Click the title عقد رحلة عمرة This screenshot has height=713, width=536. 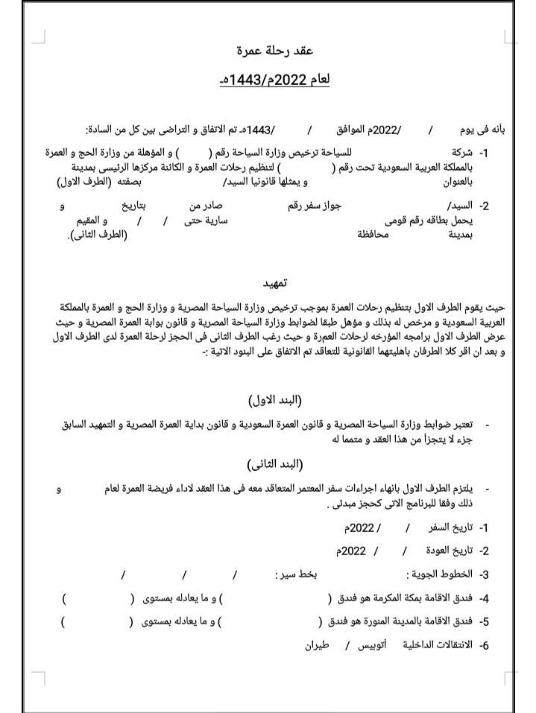click(268, 51)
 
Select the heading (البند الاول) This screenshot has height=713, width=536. click(273, 400)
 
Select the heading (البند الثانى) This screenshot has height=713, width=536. click(273, 464)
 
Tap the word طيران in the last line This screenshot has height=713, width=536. click(318, 643)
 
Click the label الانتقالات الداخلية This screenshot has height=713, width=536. click(439, 643)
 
